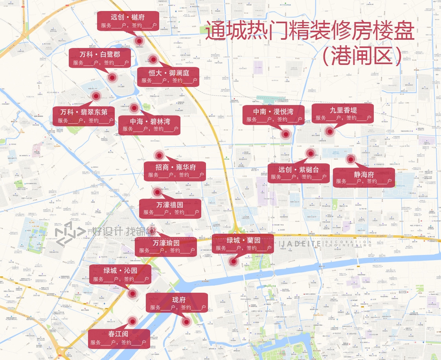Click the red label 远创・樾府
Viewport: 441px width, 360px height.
[128, 21]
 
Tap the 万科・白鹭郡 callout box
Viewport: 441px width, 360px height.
[99, 58]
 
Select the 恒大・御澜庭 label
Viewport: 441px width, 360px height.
[169, 77]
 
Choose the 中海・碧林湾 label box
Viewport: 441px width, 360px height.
[149, 125]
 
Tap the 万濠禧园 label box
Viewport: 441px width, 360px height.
[170, 208]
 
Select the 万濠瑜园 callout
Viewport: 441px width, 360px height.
[166, 247]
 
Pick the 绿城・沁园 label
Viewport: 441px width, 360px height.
[120, 275]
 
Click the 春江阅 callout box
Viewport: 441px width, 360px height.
[118, 338]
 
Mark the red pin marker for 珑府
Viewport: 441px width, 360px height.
[186, 322]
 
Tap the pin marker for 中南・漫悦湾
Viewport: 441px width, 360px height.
[286, 134]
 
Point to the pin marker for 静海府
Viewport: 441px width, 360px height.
[350, 159]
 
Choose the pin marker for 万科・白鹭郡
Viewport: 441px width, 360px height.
[112, 78]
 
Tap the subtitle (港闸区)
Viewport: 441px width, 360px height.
[362, 56]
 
